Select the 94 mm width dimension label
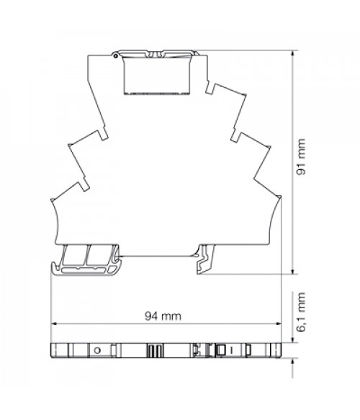tap(163, 316)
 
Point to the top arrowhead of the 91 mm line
tap(292, 53)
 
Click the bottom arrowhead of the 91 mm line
tap(292, 271)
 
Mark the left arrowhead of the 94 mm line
tap(54, 323)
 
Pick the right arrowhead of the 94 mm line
tap(278, 323)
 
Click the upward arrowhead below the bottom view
tap(292, 361)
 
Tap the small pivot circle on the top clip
tap(115, 56)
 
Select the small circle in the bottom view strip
tap(98, 350)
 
